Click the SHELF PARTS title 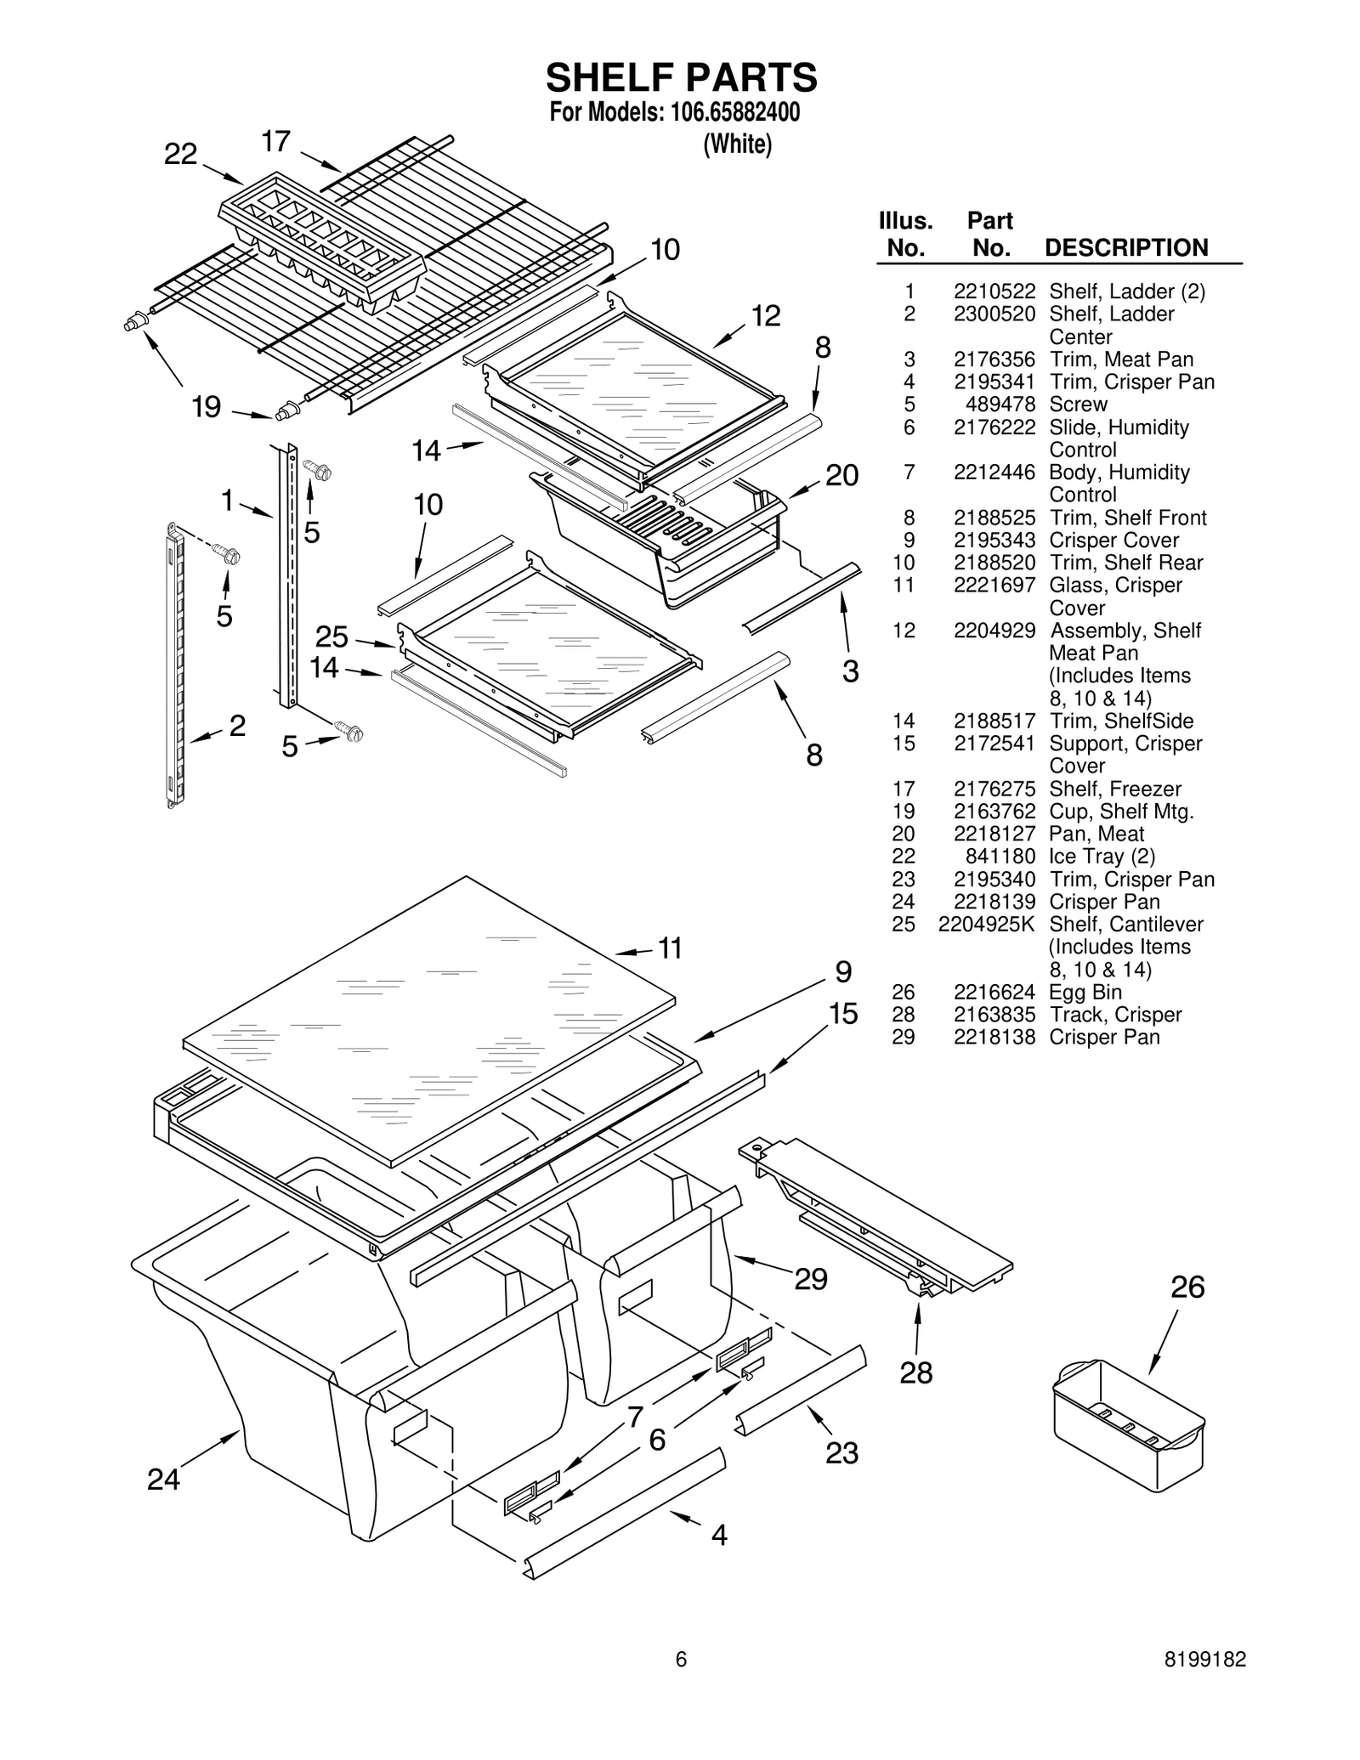681,77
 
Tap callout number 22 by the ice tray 180,154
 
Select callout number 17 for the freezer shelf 276,141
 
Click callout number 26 1187,1287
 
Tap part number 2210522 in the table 994,291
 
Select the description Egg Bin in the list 1085,992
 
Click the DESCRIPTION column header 1125,248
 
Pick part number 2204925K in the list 987,924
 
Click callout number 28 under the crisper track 916,1372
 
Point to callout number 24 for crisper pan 163,1480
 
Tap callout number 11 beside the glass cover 671,948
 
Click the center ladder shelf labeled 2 177,663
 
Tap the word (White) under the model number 737,144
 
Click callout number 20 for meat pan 841,475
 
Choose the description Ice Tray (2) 1102,856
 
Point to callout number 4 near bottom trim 719,1535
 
